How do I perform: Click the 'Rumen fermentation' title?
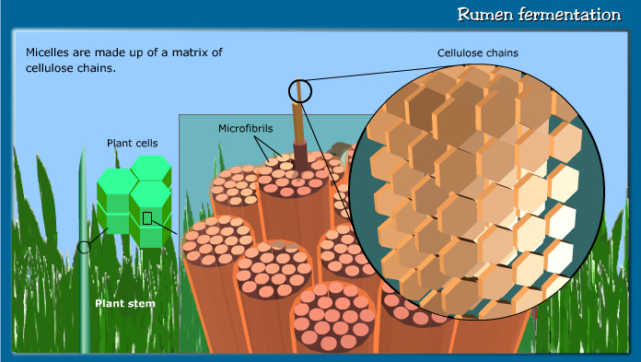540,15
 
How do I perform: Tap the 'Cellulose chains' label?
477,53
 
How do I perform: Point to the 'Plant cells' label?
132,143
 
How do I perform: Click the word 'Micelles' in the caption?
50,53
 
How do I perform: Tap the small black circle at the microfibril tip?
300,90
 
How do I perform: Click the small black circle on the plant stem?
85,247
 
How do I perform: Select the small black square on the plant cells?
146,218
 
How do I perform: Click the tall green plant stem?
85,276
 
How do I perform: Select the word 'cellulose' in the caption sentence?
53,68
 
